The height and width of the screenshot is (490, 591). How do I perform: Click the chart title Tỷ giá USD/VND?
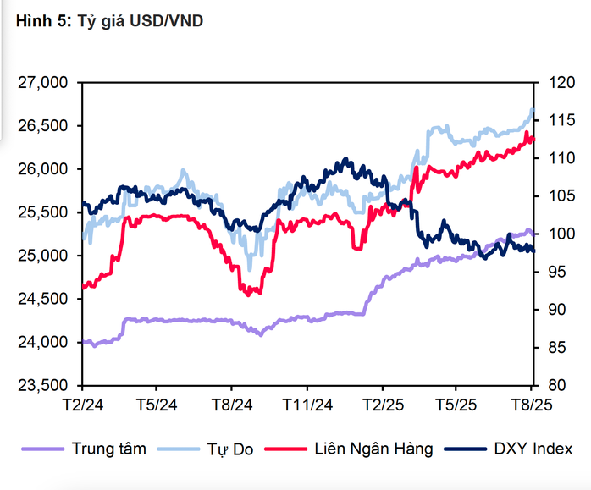146,22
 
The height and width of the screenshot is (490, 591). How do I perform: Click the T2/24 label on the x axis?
81,405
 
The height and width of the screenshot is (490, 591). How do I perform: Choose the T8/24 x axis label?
231,405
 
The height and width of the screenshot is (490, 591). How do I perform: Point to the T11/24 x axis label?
307,405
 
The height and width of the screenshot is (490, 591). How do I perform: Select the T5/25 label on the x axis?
457,405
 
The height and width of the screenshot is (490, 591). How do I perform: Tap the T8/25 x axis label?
533,405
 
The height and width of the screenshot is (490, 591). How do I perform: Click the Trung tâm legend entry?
108,449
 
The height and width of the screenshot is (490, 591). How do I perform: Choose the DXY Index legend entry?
533,449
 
